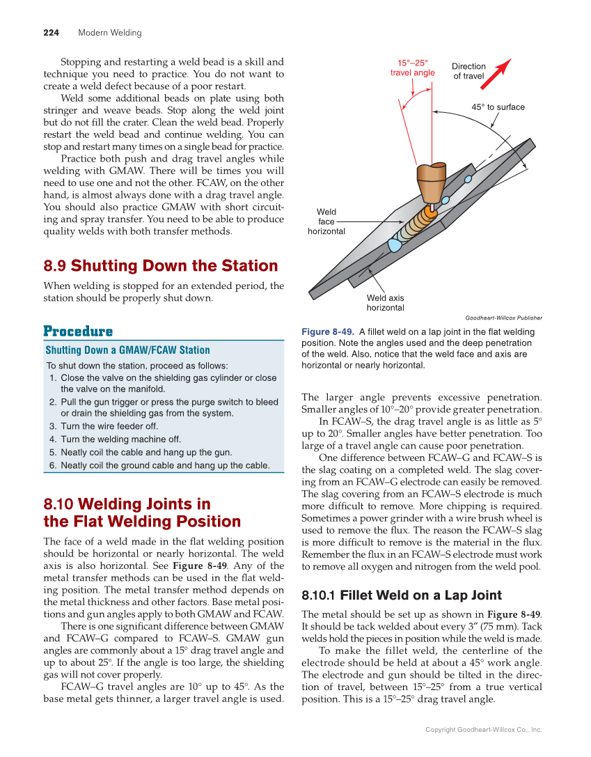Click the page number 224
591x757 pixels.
pyautogui.click(x=51, y=33)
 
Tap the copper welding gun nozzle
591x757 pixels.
pyautogui.click(x=431, y=182)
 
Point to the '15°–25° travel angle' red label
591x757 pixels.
pyautogui.click(x=412, y=68)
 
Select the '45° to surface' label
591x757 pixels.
pyautogui.click(x=498, y=107)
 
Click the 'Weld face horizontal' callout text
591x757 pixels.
pyautogui.click(x=326, y=221)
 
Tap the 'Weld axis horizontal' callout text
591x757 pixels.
pyautogui.click(x=385, y=303)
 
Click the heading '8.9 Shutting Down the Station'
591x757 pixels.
pyautogui.click(x=160, y=266)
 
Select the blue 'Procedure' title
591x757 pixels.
pyautogui.click(x=78, y=331)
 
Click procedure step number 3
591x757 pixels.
pyautogui.click(x=53, y=426)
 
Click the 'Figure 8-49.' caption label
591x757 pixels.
pyautogui.click(x=328, y=332)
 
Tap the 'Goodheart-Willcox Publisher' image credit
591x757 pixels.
pyautogui.click(x=503, y=318)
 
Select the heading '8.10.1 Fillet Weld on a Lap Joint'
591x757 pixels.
pyautogui.click(x=401, y=595)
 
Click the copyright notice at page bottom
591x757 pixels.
pyautogui.click(x=483, y=730)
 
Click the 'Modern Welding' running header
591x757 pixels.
pyautogui.click(x=109, y=33)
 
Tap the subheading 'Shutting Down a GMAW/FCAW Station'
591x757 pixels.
pyautogui.click(x=127, y=350)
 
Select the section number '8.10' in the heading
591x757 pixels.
pyautogui.click(x=58, y=504)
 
